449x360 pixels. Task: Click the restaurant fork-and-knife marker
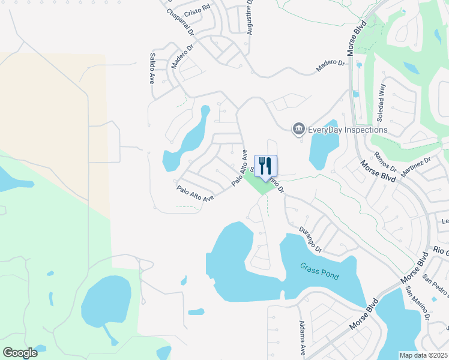click(x=265, y=166)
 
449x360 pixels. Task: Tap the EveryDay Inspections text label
click(x=348, y=130)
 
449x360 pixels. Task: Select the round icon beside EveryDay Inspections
click(x=298, y=129)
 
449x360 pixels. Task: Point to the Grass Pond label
click(x=320, y=271)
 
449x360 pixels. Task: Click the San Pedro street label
click(x=435, y=286)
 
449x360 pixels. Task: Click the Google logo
click(x=20, y=353)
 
